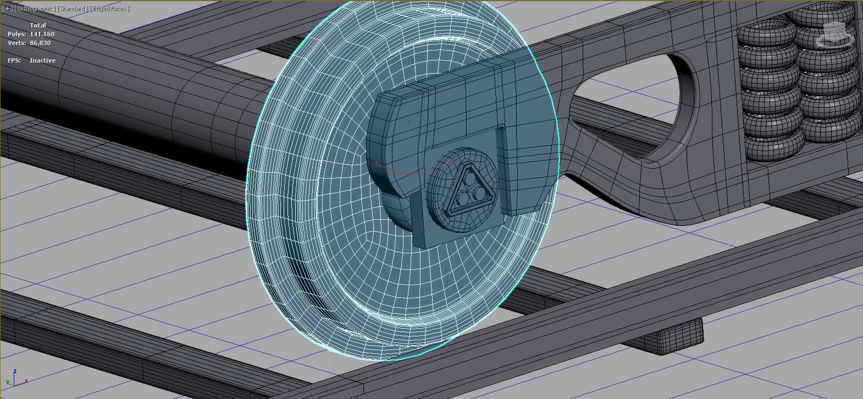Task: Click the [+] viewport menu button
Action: (7, 8)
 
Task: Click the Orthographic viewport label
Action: (34, 8)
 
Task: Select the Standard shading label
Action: (71, 8)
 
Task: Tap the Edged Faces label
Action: (109, 8)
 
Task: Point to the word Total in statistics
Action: (38, 25)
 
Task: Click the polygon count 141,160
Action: (42, 34)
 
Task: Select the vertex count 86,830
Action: (40, 43)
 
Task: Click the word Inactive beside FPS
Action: (42, 60)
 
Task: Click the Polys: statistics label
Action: (16, 34)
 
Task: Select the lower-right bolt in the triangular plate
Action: (480, 193)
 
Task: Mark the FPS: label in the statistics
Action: (14, 60)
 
